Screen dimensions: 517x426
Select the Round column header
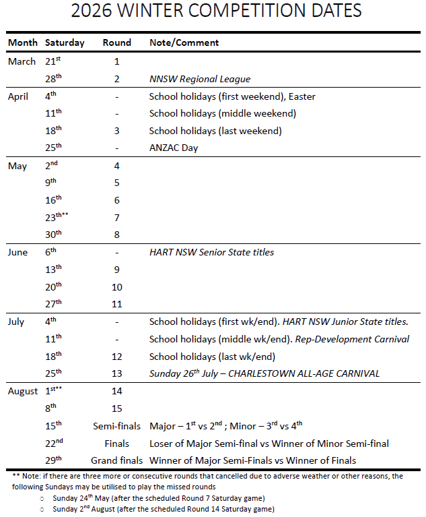pyautogui.click(x=116, y=42)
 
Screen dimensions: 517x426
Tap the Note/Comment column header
pyautogui.click(x=184, y=42)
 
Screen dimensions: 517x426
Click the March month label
pyautogui.click(x=22, y=61)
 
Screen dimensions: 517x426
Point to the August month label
pyautogui.click(x=24, y=391)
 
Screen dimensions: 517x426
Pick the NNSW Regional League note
pyautogui.click(x=199, y=79)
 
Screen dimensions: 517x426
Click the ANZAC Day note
pyautogui.click(x=174, y=148)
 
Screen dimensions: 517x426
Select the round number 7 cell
pyautogui.click(x=116, y=218)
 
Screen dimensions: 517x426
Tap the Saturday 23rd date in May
pyautogui.click(x=56, y=217)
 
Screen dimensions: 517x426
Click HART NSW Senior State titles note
pyautogui.click(x=211, y=252)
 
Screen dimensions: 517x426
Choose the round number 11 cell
pyautogui.click(x=116, y=304)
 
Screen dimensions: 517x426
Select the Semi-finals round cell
pyautogui.click(x=116, y=425)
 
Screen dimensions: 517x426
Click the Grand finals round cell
pyautogui.click(x=116, y=460)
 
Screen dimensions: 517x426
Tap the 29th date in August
pyautogui.click(x=53, y=460)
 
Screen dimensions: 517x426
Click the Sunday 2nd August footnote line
pyautogui.click(x=164, y=509)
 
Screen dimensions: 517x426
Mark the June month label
pyautogui.click(x=18, y=252)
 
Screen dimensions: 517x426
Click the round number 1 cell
pyautogui.click(x=116, y=61)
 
